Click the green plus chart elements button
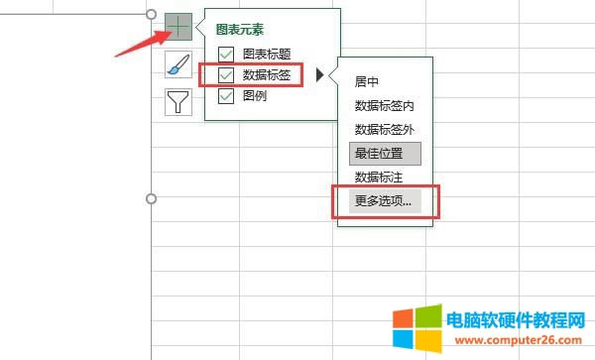coord(178,27)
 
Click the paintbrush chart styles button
coord(178,64)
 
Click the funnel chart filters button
coord(178,102)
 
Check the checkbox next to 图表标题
coord(225,54)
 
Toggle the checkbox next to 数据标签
coord(225,75)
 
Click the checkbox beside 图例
coord(225,96)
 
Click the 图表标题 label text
coord(267,54)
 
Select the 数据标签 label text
coord(267,75)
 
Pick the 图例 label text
coord(255,96)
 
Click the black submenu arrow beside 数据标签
coord(320,75)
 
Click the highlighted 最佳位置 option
coord(385,154)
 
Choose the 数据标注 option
coord(377,178)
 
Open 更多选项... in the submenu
coord(385,201)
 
